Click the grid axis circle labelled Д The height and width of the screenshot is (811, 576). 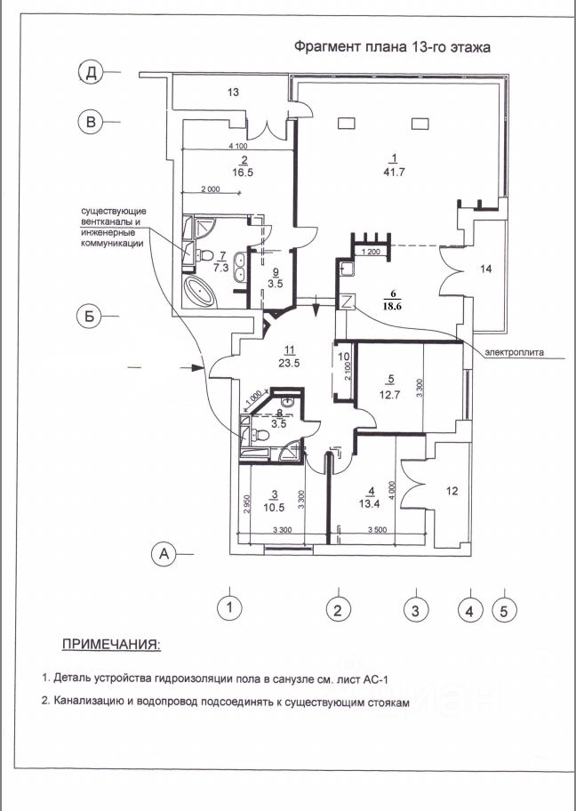pos(91,73)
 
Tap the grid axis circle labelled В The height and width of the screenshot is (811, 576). pos(91,122)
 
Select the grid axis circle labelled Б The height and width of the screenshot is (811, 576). pos(90,315)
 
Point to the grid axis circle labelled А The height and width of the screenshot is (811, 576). pos(164,553)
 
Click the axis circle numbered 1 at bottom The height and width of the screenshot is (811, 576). pos(230,609)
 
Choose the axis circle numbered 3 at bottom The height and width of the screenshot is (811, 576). pos(415,609)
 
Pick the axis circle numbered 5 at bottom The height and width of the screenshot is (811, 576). pos(504,609)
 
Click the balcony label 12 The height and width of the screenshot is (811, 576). pos(452,491)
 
